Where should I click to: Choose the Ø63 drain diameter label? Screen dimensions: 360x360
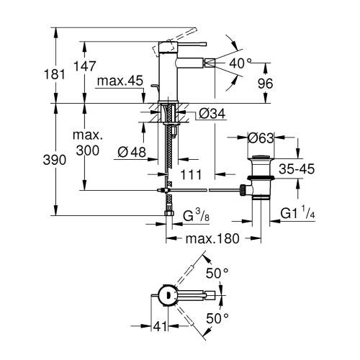tap(262, 138)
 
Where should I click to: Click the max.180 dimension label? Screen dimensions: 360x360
tap(211, 238)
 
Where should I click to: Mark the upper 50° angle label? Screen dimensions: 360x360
tap(217, 274)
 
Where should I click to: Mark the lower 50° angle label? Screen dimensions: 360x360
tap(217, 317)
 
